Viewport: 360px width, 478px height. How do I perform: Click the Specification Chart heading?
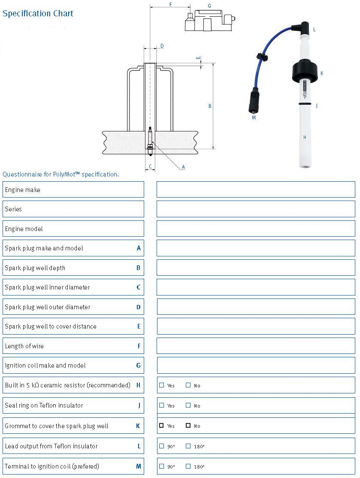[x=38, y=13]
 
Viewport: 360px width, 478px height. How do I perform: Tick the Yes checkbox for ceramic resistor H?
[x=162, y=385]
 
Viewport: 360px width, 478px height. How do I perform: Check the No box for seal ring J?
[x=188, y=405]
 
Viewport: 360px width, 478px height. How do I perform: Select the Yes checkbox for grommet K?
[x=162, y=426]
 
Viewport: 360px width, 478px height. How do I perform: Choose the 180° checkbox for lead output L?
[x=188, y=446]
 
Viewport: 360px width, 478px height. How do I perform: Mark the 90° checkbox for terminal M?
[x=162, y=466]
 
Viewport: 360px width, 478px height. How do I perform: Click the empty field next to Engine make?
[x=256, y=189]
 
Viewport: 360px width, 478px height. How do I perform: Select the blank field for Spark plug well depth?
[x=256, y=268]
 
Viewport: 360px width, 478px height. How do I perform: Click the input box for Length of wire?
[x=256, y=346]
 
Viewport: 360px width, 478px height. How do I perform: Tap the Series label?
[x=13, y=209]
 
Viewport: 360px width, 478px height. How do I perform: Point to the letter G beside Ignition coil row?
[x=138, y=365]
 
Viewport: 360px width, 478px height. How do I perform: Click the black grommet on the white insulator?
[x=305, y=71]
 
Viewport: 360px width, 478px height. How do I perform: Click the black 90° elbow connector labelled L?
[x=301, y=29]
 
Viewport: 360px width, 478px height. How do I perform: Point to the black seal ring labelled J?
[x=306, y=104]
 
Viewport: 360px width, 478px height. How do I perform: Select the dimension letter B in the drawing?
[x=210, y=106]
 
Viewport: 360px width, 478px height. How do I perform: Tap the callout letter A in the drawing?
[x=183, y=167]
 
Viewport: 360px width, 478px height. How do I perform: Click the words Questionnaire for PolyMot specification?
[x=61, y=174]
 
